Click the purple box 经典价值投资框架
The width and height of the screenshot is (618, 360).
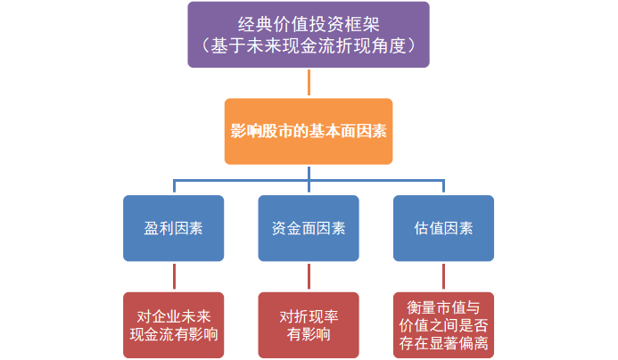click(x=309, y=35)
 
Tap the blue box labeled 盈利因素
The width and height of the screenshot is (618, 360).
click(x=173, y=227)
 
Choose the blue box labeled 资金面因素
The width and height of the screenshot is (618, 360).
click(x=309, y=227)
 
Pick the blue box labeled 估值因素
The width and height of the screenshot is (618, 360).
click(x=444, y=227)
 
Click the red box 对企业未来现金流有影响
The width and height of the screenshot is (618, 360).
click(x=173, y=324)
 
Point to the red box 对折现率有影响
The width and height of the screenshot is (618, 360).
click(x=309, y=324)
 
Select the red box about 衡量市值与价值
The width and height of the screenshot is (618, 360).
click(x=444, y=324)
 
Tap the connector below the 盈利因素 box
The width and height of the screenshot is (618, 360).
click(x=173, y=276)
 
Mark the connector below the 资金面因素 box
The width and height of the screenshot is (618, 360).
click(x=309, y=276)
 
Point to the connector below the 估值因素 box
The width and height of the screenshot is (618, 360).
click(x=444, y=276)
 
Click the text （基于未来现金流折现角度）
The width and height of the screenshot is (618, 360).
click(x=309, y=45)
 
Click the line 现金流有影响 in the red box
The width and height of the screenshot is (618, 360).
click(x=173, y=334)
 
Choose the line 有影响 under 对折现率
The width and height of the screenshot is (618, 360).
click(x=309, y=335)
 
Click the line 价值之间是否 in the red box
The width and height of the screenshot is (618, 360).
click(x=444, y=324)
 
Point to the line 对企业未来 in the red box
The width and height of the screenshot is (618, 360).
click(x=173, y=315)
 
